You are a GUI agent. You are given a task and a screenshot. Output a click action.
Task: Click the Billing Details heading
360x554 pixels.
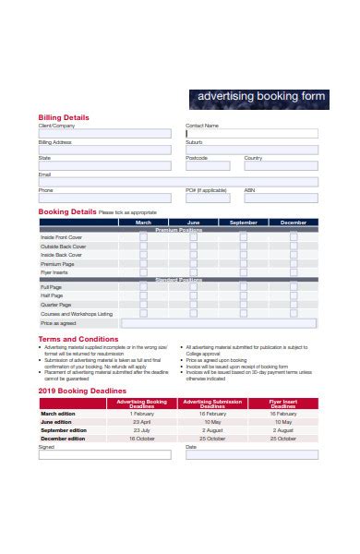64,117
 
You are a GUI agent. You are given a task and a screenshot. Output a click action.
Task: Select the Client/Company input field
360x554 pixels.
104,133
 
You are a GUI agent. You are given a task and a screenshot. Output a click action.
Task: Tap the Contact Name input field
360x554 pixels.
251,133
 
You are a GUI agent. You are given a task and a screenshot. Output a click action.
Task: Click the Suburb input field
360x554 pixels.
251,149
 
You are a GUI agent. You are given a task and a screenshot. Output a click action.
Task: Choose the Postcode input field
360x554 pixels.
211,165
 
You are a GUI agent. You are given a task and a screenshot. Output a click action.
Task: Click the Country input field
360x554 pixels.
281,165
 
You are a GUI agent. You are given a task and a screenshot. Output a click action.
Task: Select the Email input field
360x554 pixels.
177,182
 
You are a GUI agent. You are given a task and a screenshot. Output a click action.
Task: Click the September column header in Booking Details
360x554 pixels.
244,223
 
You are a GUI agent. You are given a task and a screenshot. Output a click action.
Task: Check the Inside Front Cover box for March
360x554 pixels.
143,236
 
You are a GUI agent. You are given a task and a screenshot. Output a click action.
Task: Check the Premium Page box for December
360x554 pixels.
294,263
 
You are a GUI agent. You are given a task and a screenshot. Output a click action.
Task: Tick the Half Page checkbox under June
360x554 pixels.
193,296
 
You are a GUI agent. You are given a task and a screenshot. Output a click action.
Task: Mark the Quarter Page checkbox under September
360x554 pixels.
244,305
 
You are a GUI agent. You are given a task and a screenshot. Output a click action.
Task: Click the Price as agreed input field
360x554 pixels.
220,324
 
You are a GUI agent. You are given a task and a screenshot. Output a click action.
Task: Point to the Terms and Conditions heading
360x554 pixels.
78,339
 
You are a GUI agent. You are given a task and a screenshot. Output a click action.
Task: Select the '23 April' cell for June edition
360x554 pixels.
142,422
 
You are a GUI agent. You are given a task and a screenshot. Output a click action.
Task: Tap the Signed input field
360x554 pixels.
104,454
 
